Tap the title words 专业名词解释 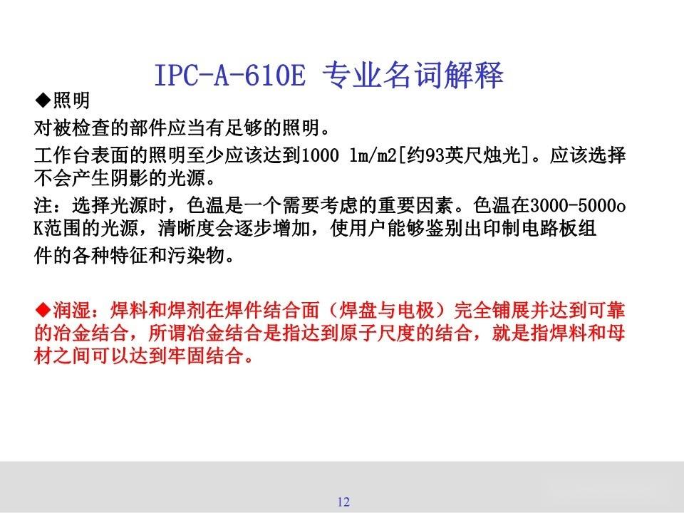click(x=413, y=75)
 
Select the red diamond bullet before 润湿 click(x=43, y=311)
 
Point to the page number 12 click(x=343, y=502)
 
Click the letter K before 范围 click(x=40, y=229)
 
